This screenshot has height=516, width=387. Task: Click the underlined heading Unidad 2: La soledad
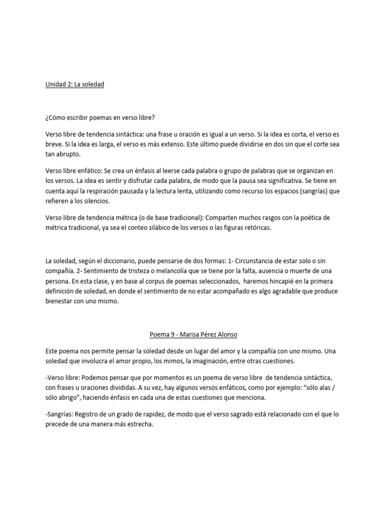75,85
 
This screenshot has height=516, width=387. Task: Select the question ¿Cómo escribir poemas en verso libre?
100,118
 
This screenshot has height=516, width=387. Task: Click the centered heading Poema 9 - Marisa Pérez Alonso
193,335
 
